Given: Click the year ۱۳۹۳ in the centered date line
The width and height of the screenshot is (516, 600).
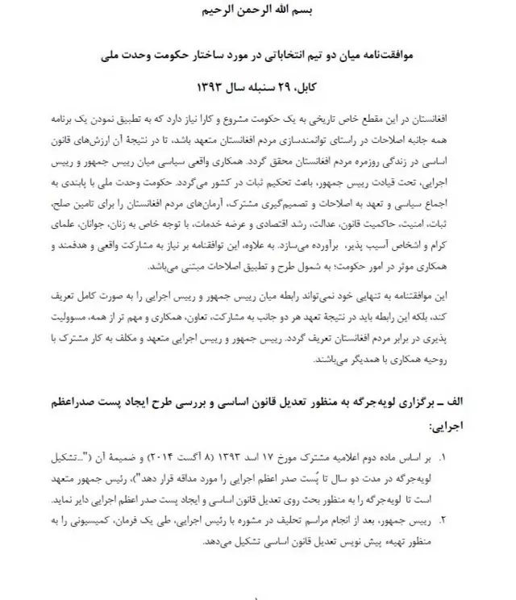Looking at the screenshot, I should (209, 84).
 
